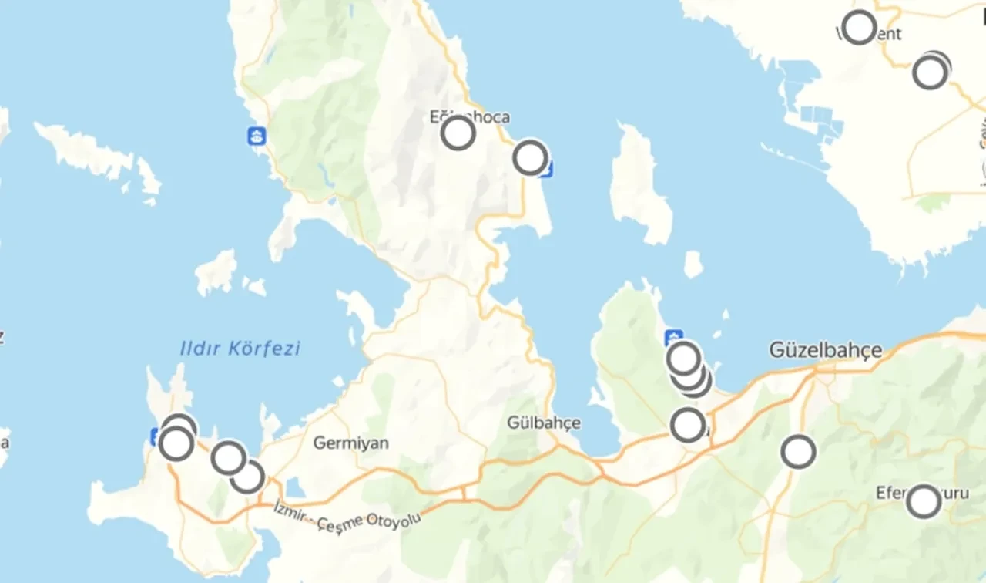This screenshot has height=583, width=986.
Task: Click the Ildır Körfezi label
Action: (x=240, y=349)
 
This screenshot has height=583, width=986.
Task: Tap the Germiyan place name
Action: (x=350, y=443)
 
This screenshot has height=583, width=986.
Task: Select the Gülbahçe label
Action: (x=544, y=423)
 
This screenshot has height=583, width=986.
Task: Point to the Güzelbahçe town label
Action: (x=825, y=351)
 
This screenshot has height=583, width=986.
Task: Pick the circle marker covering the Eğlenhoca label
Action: (x=458, y=133)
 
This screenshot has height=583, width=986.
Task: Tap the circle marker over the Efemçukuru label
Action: (x=923, y=501)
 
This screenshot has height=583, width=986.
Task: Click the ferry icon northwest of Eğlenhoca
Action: (x=256, y=136)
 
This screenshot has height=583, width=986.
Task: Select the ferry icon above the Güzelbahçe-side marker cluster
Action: (x=674, y=337)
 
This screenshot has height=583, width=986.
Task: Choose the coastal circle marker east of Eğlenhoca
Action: (x=530, y=157)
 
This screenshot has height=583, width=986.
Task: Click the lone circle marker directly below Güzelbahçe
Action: (x=798, y=452)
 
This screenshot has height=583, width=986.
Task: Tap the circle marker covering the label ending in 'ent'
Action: (x=859, y=27)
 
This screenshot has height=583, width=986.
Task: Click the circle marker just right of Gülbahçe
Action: (x=688, y=425)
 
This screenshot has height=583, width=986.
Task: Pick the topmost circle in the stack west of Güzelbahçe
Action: (x=683, y=358)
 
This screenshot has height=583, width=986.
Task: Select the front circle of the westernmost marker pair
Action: (x=176, y=443)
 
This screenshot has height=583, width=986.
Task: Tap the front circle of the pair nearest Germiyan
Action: (x=229, y=457)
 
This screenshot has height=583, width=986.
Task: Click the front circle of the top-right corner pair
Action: (x=929, y=72)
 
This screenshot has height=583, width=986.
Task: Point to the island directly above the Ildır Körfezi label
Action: (x=216, y=271)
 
